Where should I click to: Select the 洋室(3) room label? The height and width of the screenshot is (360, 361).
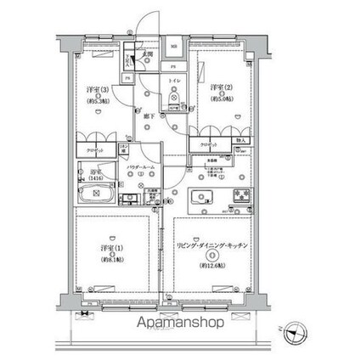click(95, 88)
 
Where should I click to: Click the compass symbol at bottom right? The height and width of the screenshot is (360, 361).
click(296, 332)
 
